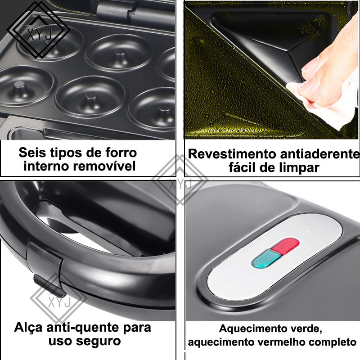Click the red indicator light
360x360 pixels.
pos(285,246)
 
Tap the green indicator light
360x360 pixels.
pos(266,259)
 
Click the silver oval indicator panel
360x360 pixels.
pos(274,256)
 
